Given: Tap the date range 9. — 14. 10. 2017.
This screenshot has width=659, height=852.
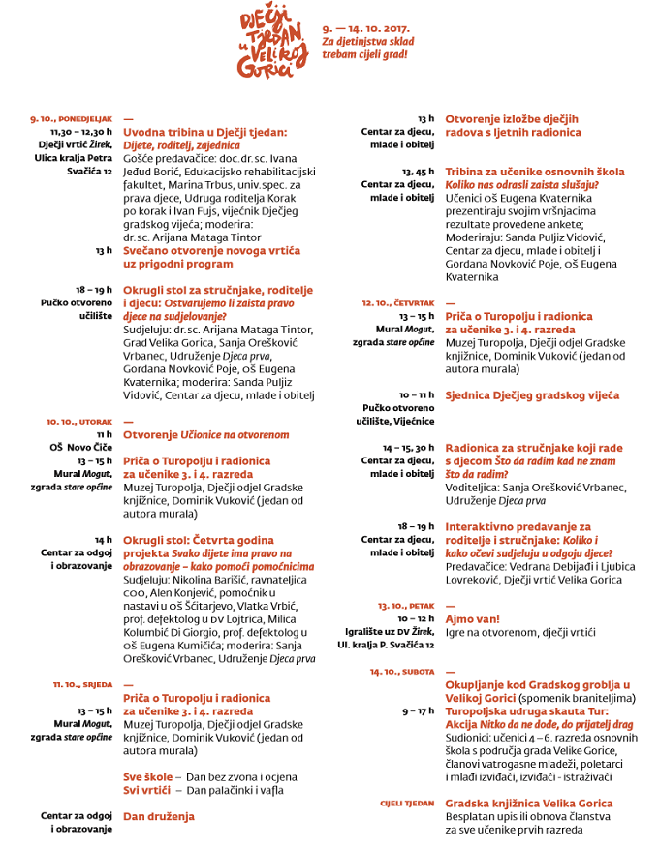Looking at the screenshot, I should pos(365,29).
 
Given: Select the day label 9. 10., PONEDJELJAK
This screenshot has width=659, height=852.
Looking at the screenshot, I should pos(72,119).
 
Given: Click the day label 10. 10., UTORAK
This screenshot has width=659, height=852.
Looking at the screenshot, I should pos(80,422).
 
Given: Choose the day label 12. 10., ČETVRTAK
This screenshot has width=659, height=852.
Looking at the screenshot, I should pos(398,303).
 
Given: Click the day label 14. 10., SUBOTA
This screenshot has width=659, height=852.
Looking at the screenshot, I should pos(402,671).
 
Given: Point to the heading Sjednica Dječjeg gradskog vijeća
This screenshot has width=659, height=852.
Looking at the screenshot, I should pos(531,395).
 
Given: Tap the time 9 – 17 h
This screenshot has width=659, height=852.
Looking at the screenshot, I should pos(418,710).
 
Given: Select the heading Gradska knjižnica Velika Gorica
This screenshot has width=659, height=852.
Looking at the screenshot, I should pos(528,804).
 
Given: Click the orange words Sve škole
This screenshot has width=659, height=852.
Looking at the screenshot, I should pos(148,777).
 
